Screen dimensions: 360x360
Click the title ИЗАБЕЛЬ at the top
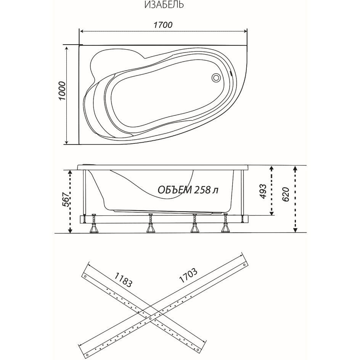pos(164,5)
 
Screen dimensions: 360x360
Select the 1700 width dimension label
pos(163,25)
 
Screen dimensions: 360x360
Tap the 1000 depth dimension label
pos(62,91)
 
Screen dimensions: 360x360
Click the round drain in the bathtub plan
pos(216,77)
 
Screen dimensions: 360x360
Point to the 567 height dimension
pos(66,199)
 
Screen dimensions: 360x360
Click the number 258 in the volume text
pos(202,190)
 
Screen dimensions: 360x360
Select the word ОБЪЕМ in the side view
pos(175,190)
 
